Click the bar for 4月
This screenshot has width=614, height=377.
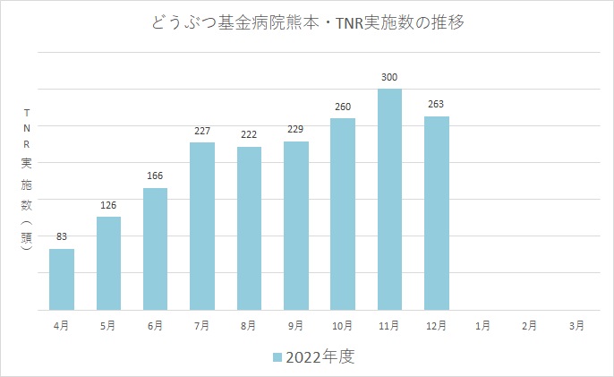tap(62, 279)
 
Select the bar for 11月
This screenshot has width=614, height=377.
tap(389, 199)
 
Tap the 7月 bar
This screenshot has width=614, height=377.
tap(202, 226)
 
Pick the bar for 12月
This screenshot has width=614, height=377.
tap(437, 212)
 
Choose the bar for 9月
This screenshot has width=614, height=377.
tap(296, 225)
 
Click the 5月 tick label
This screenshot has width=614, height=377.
tap(108, 326)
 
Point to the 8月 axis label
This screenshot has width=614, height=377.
tap(249, 326)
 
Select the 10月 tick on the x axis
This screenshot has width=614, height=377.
tap(343, 326)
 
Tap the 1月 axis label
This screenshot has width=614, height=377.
tap(483, 326)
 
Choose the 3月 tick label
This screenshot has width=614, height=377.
tap(577, 326)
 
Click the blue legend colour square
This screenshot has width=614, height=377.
tap(277, 357)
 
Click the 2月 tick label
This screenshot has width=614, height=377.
tap(530, 326)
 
